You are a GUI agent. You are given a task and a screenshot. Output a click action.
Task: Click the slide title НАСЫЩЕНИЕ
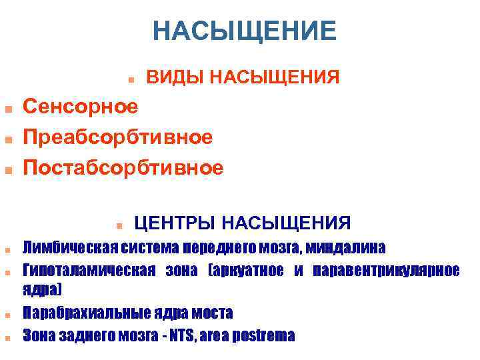244,31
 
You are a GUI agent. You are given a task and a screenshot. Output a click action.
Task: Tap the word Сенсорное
81,105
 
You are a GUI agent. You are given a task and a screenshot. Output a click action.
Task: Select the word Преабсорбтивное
118,137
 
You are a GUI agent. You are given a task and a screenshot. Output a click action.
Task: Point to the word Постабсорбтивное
123,167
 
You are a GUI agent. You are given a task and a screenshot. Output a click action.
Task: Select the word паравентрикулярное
386,270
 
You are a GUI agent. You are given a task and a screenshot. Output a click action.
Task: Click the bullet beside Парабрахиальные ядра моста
6,313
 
